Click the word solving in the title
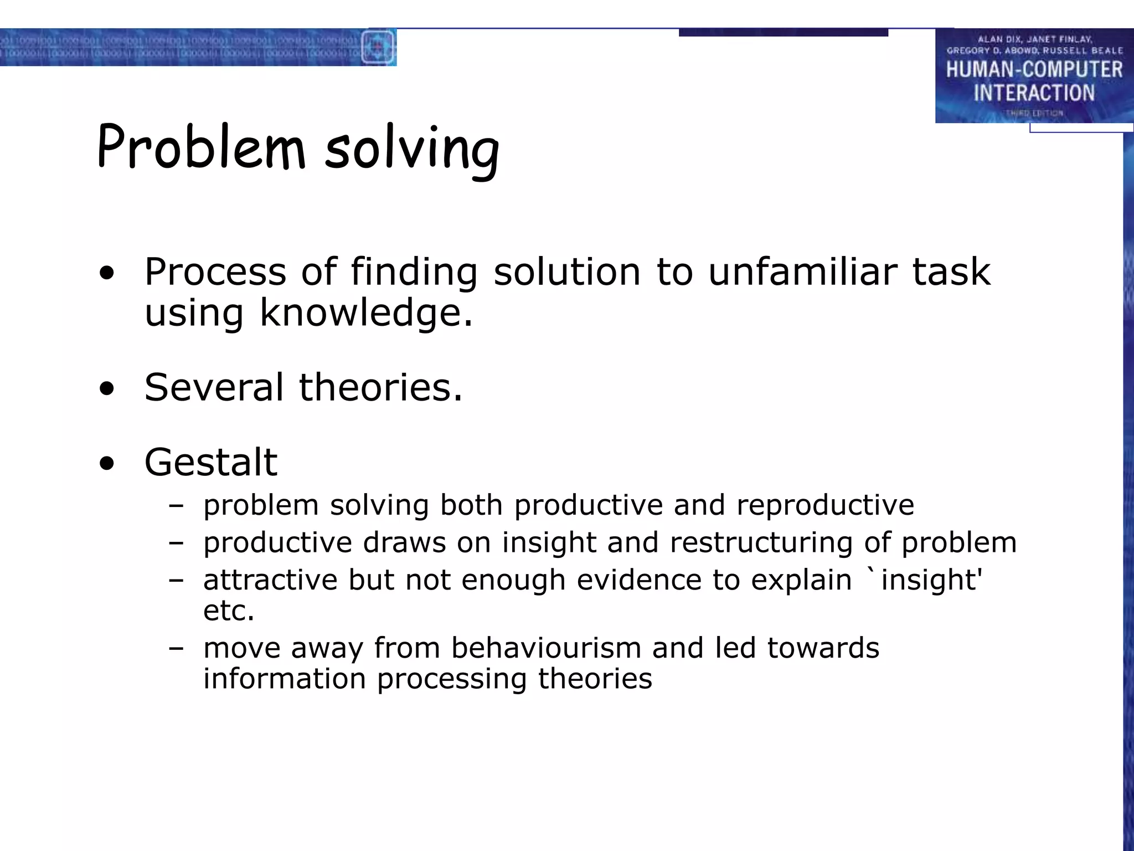coord(412,148)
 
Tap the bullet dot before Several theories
coord(107,388)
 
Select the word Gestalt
coord(210,462)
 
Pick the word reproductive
coord(825,505)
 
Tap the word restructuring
coord(761,542)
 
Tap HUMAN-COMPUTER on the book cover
coord(1034,70)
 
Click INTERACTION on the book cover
coord(1034,93)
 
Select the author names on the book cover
coord(1034,45)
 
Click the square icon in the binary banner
coord(378,47)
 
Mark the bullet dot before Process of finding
coord(107,272)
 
